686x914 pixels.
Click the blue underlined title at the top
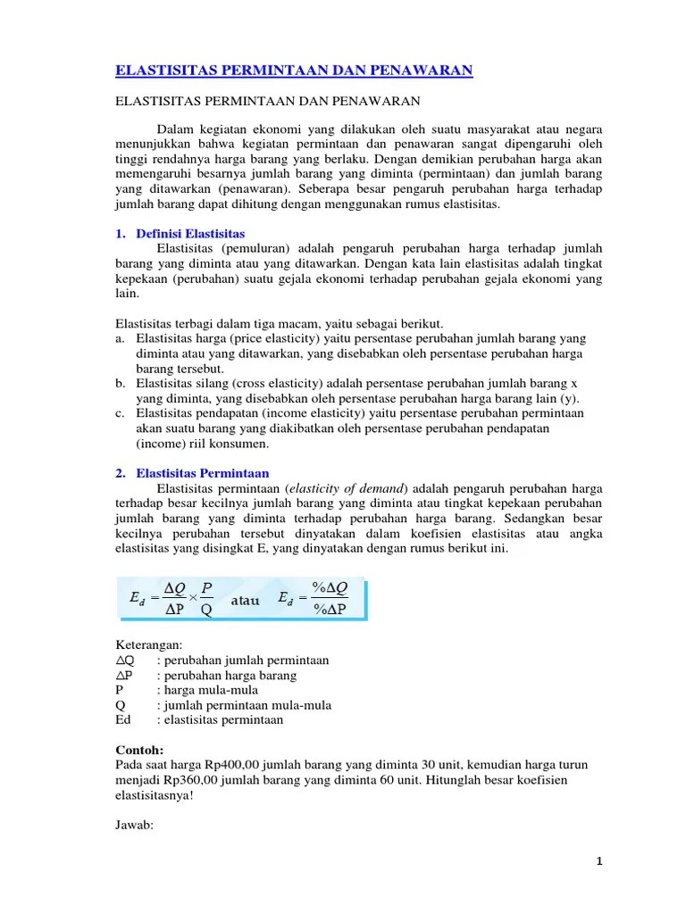tap(294, 71)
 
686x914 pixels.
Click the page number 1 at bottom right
tap(600, 860)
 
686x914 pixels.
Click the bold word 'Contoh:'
tap(140, 751)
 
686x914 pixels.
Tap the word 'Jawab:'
tap(136, 826)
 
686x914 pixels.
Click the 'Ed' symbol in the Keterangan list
tap(124, 720)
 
